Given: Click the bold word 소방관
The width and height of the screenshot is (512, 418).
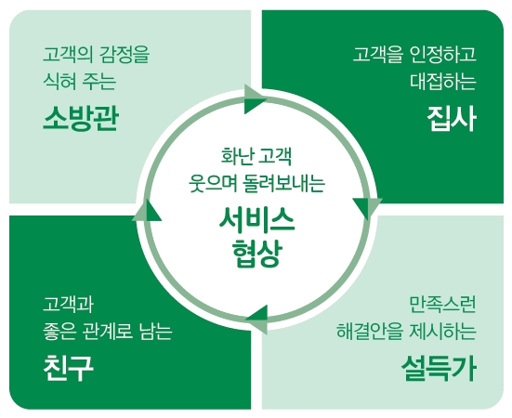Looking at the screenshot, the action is tap(80, 119).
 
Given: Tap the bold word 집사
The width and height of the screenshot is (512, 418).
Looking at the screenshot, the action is tap(452, 119).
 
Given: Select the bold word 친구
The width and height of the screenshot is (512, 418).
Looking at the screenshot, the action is tap(68, 368).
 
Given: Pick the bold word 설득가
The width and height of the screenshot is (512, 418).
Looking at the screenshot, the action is tap(439, 368).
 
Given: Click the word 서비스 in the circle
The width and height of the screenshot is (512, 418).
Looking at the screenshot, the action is tap(256, 219).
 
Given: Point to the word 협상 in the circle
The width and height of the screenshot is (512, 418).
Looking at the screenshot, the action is tap(256, 254).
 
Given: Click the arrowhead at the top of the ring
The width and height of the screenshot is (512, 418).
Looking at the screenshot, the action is tap(256, 99).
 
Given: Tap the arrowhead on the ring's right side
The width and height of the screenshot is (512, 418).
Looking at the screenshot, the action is tap(368, 208).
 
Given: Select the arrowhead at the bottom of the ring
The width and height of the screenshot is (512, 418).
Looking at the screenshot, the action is tap(256, 320).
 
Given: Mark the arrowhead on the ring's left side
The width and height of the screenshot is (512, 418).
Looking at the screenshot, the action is tap(147, 211).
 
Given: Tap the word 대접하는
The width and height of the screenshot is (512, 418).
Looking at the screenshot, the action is tap(443, 81).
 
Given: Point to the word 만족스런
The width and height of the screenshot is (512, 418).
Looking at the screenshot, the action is tap(443, 305).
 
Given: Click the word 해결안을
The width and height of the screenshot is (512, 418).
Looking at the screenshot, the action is tap(369, 332).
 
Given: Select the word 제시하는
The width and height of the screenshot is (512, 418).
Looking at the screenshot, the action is tap(443, 332).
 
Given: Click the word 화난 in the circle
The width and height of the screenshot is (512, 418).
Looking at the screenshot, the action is tap(237, 156).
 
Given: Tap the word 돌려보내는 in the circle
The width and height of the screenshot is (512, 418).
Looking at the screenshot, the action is tap(284, 183).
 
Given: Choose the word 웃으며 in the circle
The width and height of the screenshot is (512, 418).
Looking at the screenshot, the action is tap(213, 183).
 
